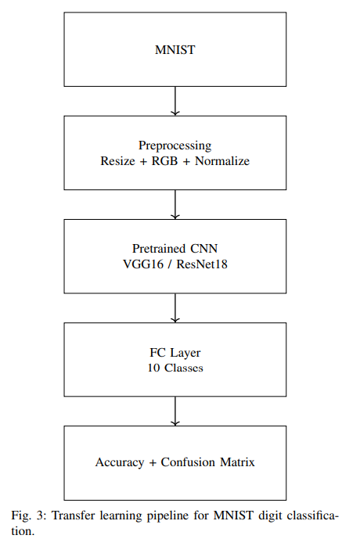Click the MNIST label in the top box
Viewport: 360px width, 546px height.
click(175, 52)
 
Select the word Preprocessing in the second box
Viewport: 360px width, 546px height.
click(175, 145)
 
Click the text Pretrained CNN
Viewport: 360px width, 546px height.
click(175, 249)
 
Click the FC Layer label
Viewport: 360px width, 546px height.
click(175, 352)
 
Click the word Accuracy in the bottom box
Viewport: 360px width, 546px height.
click(120, 462)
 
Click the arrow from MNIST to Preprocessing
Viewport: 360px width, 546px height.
click(175, 101)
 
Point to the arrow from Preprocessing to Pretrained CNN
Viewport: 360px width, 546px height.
click(175, 204)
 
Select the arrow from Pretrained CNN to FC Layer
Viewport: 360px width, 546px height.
click(175, 307)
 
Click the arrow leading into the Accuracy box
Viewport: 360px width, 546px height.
click(175, 411)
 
